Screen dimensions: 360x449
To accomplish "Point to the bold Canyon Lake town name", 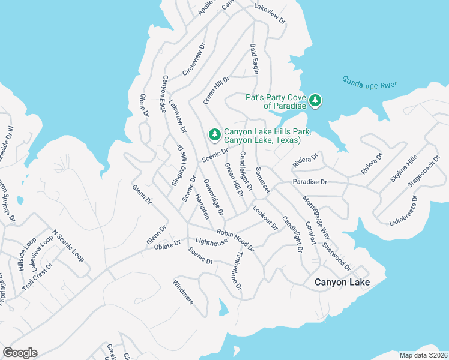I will [342, 282].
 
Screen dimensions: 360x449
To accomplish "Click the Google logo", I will [20, 353].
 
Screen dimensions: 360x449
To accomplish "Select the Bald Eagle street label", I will [255, 59].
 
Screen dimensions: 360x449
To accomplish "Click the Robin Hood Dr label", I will [235, 239].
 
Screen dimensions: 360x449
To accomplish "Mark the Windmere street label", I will [183, 292].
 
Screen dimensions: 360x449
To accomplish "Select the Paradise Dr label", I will [310, 181].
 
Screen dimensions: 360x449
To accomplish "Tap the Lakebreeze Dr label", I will [403, 209].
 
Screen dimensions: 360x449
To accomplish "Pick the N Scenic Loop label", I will [68, 246].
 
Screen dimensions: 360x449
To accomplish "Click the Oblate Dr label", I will [167, 245].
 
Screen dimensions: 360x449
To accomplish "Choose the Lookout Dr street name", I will [265, 218].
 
